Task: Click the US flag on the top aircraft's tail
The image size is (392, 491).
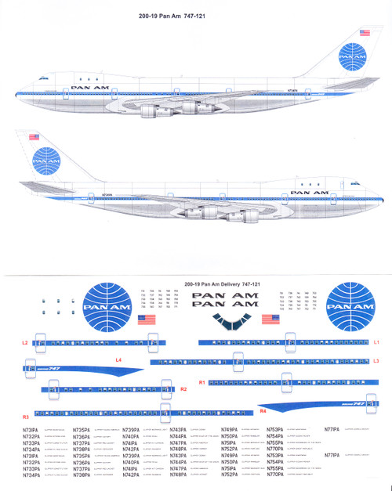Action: [364, 33]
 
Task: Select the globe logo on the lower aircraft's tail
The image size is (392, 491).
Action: [42, 161]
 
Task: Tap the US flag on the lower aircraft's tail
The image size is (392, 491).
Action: [34, 138]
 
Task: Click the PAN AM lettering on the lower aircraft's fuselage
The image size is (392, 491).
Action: [308, 191]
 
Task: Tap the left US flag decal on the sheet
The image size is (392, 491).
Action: [146, 320]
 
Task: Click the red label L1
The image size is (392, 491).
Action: [376, 342]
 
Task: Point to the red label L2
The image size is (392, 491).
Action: [25, 343]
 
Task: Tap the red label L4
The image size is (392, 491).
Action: [118, 359]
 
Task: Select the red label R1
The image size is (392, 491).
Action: [201, 382]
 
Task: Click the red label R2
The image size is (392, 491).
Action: [183, 389]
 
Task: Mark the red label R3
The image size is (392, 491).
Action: [26, 417]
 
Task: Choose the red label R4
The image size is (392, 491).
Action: [263, 410]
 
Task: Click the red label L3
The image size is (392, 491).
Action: [376, 360]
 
